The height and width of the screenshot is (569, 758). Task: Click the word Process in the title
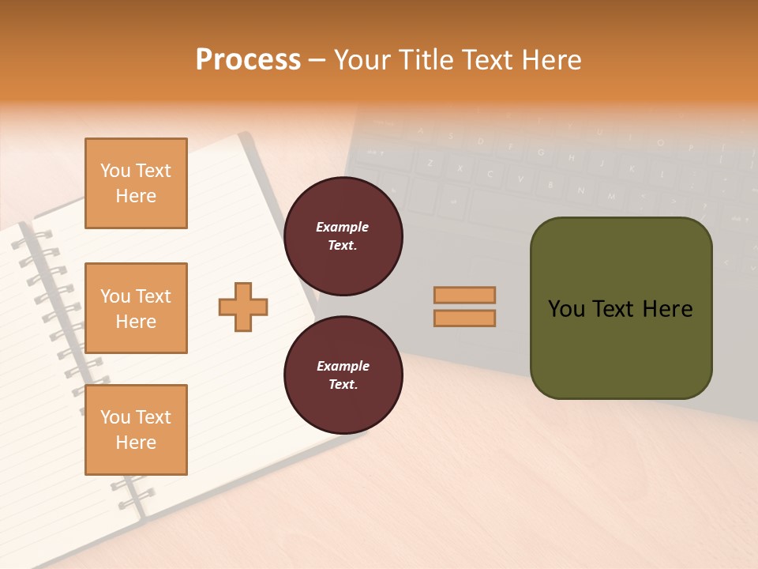coord(248,60)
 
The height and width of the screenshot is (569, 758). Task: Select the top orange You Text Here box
coord(136,183)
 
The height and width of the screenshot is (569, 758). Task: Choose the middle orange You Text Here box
coord(136,308)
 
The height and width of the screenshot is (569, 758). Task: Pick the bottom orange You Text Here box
coord(136,430)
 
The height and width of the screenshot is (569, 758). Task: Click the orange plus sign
coord(243,307)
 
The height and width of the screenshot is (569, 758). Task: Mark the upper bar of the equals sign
coord(464,295)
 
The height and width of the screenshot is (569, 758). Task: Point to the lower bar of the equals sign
coord(464,318)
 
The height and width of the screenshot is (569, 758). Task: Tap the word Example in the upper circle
coord(343,227)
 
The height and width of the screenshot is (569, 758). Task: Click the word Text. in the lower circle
coord(343,385)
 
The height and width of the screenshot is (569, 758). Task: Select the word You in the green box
coord(565,309)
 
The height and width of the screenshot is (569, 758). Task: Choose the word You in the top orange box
coord(114,171)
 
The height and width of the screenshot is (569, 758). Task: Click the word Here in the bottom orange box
coord(136,443)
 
